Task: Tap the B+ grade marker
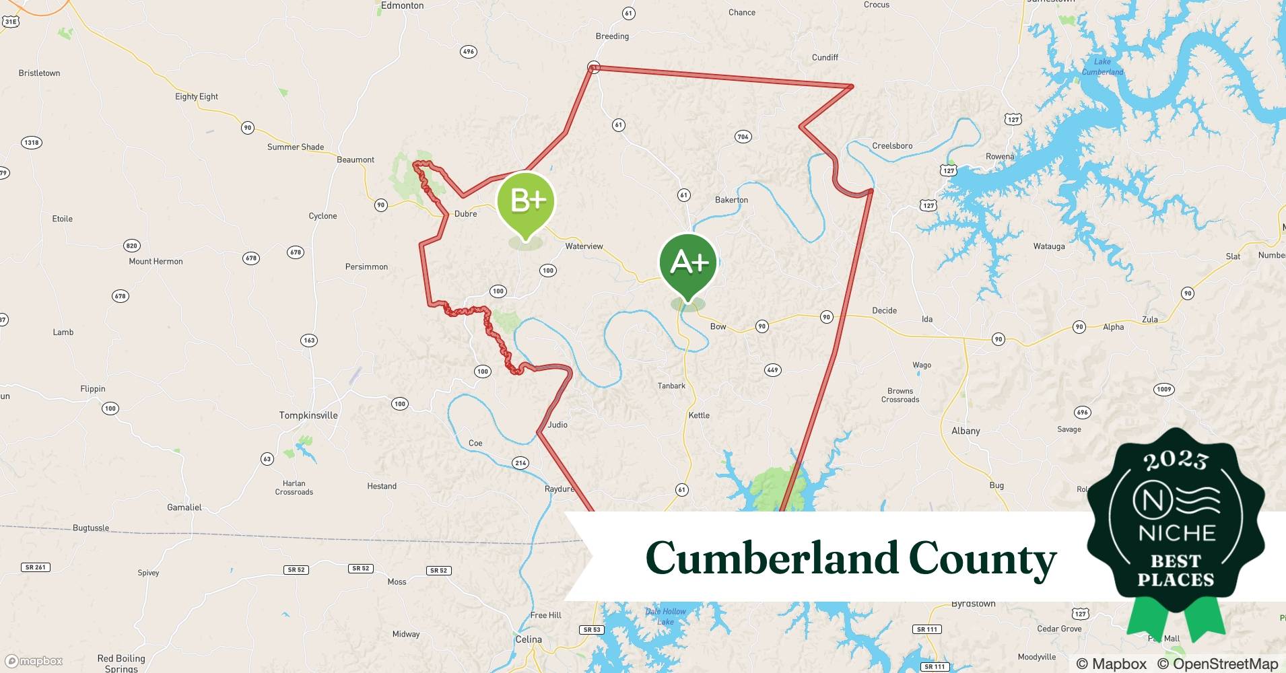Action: pos(526,201)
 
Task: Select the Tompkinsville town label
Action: pos(308,415)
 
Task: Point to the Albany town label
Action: pos(966,431)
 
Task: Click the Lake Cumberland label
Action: pos(1102,67)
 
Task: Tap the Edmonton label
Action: pos(402,5)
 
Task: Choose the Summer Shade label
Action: pos(296,147)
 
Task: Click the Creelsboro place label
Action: pos(892,145)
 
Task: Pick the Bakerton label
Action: pos(731,200)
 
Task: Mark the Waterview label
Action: pos(584,246)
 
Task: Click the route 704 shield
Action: pos(743,137)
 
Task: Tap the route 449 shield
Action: pos(772,369)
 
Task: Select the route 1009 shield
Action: pos(1163,389)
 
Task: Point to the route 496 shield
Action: pos(468,51)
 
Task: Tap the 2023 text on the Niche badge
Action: pos(1176,460)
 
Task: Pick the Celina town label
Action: pos(529,639)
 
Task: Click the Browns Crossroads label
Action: pos(900,395)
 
